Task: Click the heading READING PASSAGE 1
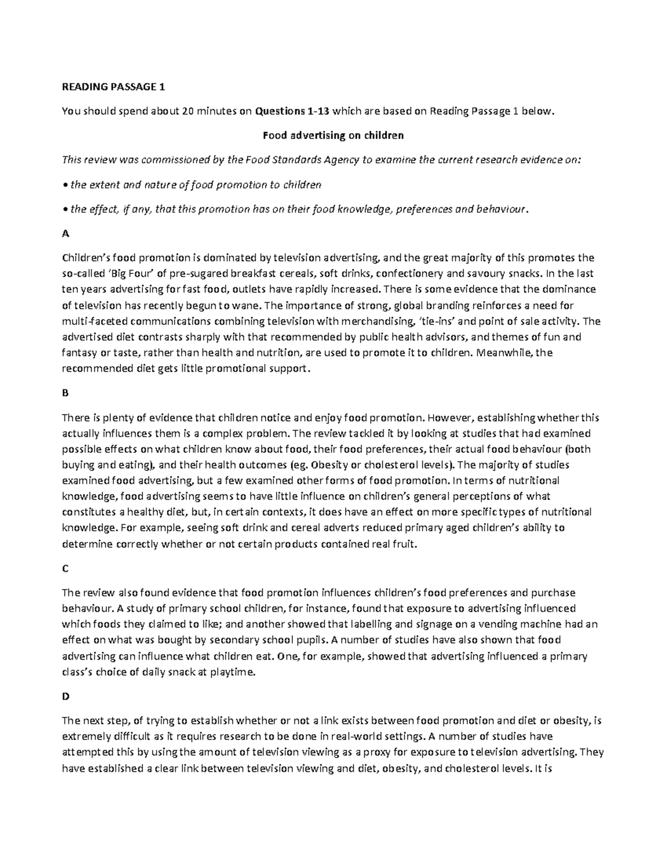coord(113,87)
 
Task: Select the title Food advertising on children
coord(333,135)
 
